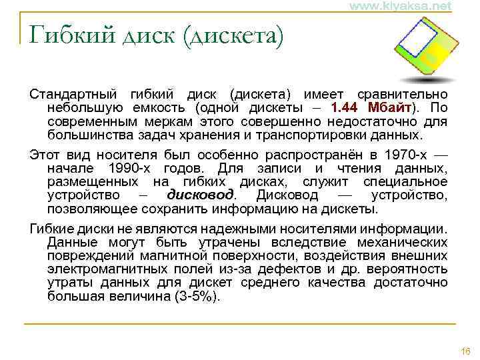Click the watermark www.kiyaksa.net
pyautogui.click(x=399, y=6)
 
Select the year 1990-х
pyautogui.click(x=127, y=167)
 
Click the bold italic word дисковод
pyautogui.click(x=200, y=195)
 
